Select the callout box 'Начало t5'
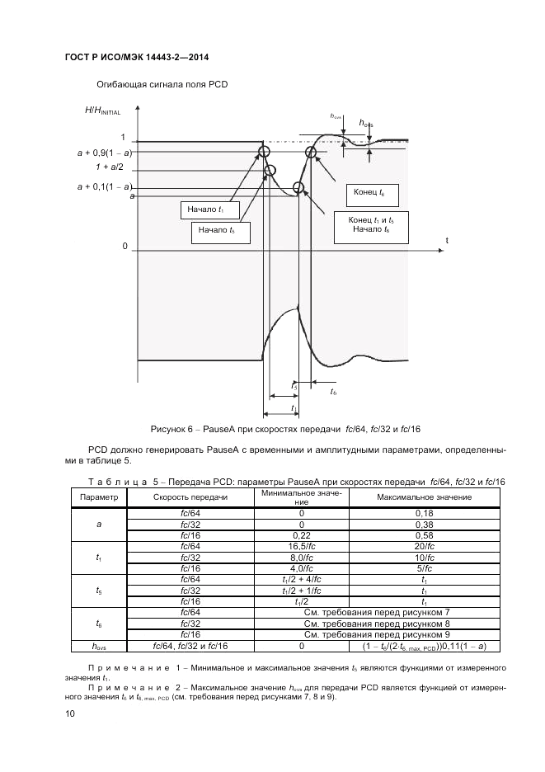(217, 232)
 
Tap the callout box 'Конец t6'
(369, 193)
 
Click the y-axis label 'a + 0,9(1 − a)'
(105, 153)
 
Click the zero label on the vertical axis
(125, 247)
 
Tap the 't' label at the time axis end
(447, 240)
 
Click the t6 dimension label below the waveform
(333, 392)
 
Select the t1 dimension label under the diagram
(293, 408)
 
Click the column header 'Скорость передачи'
(190, 497)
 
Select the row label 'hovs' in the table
(99, 646)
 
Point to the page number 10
(69, 714)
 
